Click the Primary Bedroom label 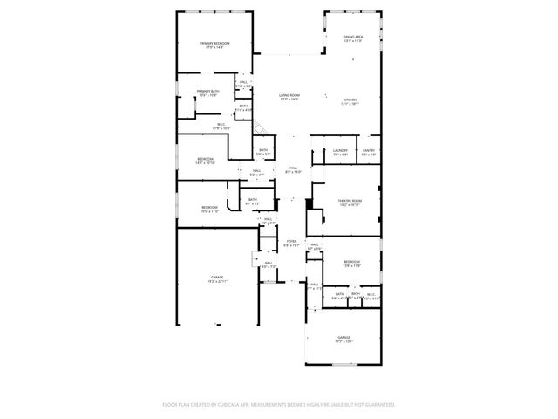[x=214, y=45]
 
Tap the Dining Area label [x=352, y=38]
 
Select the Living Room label [x=289, y=97]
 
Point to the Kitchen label [x=350, y=101]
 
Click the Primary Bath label [x=208, y=93]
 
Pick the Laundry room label [x=340, y=152]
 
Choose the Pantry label [x=369, y=152]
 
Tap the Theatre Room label [x=350, y=203]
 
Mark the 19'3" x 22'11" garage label [x=216, y=278]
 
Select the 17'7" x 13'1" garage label [x=344, y=340]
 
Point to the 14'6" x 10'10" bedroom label [x=206, y=161]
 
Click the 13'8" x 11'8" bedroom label [x=351, y=264]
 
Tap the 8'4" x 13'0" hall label [x=294, y=169]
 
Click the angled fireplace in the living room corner [x=260, y=128]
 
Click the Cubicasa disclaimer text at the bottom [x=279, y=404]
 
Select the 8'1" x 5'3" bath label [x=252, y=202]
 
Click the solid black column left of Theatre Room [x=309, y=203]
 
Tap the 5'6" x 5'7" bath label [x=263, y=152]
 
